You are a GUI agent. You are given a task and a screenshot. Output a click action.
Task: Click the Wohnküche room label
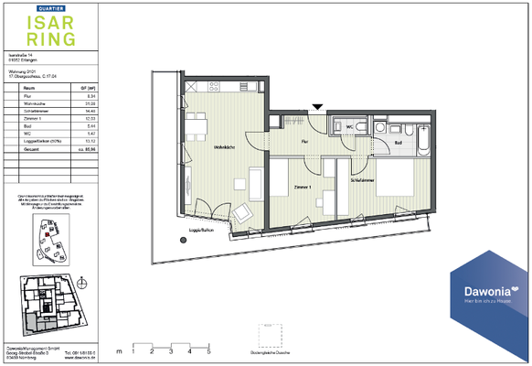(225, 147)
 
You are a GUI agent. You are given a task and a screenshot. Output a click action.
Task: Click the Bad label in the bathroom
(399, 143)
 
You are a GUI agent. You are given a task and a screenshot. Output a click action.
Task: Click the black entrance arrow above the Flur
(316, 108)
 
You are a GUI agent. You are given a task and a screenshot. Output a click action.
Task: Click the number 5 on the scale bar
(208, 350)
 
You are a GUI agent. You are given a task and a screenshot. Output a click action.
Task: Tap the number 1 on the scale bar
(133, 350)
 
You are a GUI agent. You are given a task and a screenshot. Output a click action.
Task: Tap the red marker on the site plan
(42, 233)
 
